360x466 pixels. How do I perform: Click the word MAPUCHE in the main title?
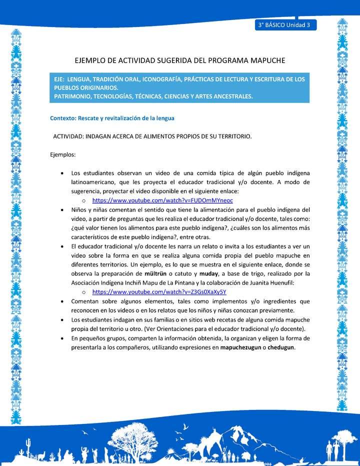click(263, 60)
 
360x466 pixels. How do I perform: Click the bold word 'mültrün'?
click(156, 273)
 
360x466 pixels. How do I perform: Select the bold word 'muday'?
click(208, 273)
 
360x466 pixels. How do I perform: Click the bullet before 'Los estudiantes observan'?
click(61, 173)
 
